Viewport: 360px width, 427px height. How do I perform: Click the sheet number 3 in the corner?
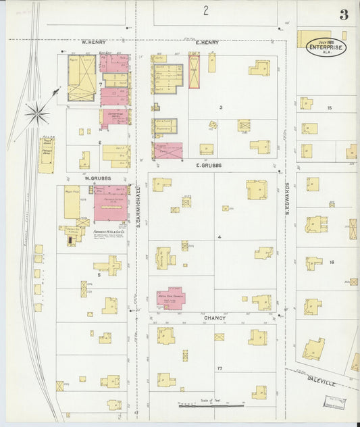[344, 15]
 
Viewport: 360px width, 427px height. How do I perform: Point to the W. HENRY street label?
[94, 42]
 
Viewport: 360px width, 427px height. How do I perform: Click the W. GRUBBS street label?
[97, 178]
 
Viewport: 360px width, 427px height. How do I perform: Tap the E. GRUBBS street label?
[209, 165]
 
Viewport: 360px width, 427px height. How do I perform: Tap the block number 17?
[220, 368]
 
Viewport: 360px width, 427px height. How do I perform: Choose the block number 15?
[330, 108]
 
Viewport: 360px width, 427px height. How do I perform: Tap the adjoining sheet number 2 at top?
[205, 10]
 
